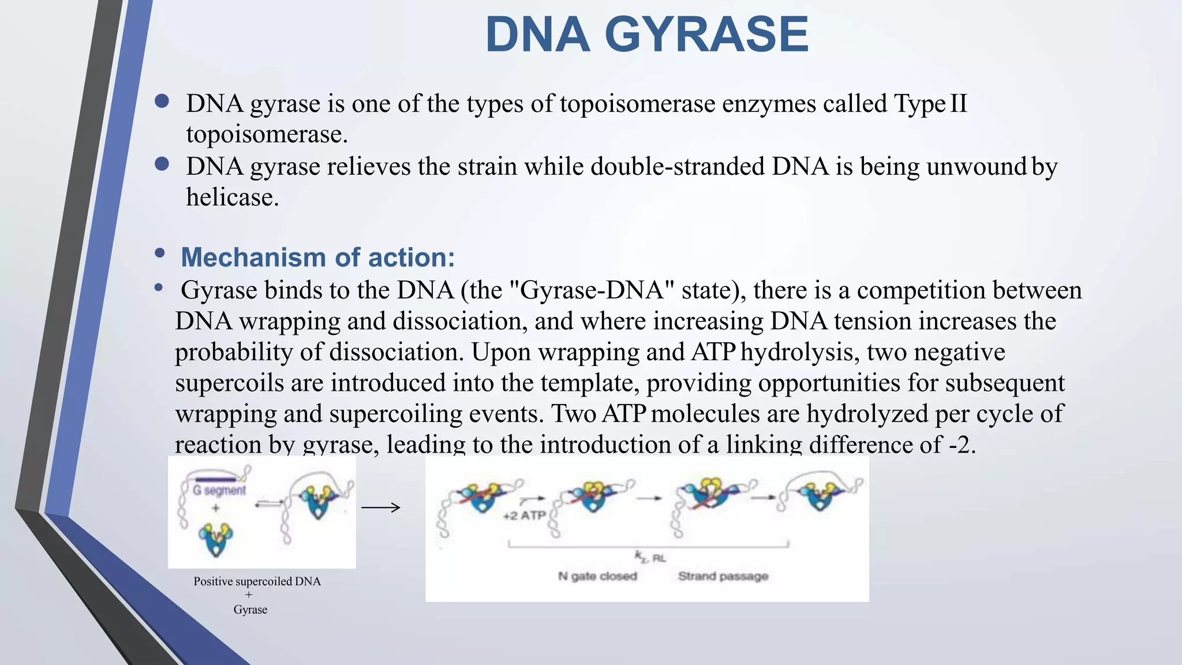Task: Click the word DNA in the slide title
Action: (x=537, y=35)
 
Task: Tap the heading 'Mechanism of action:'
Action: (x=317, y=257)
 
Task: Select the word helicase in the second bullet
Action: (x=231, y=197)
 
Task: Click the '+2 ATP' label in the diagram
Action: (x=524, y=515)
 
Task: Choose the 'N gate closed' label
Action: (x=597, y=576)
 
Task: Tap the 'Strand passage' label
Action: (x=723, y=576)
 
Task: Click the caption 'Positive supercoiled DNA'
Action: (x=257, y=581)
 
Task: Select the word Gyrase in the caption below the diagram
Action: (x=250, y=610)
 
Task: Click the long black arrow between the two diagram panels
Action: (x=380, y=508)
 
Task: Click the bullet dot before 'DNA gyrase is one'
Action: (x=162, y=102)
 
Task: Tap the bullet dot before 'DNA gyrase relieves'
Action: (x=162, y=165)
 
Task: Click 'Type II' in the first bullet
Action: (x=930, y=104)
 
